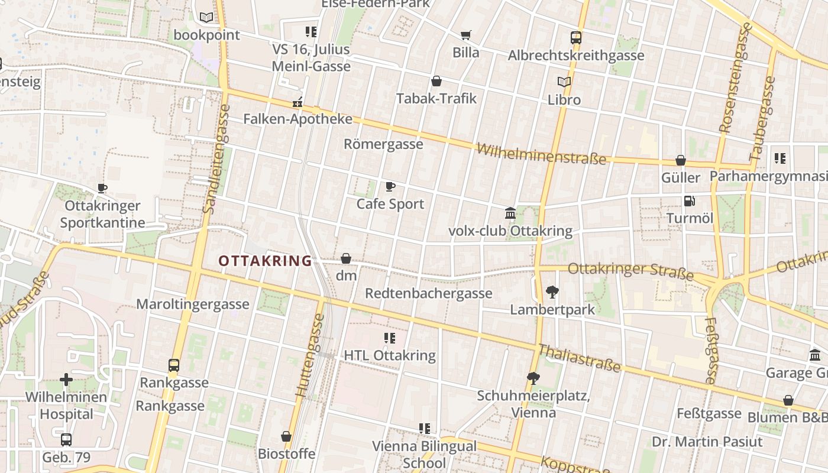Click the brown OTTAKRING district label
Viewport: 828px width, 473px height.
(x=265, y=261)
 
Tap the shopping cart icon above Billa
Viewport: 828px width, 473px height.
(x=466, y=35)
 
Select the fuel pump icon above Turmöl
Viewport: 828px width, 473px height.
(x=689, y=201)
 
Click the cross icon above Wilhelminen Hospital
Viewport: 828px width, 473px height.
(x=66, y=380)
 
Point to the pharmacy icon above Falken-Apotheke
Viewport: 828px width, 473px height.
(x=297, y=102)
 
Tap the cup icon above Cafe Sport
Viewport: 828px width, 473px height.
(x=390, y=187)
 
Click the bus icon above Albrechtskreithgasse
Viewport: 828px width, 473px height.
(x=576, y=38)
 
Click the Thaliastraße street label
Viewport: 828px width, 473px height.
(x=580, y=359)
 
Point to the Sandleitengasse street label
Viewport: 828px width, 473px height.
(x=216, y=158)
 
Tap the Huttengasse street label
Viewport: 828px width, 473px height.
(x=310, y=355)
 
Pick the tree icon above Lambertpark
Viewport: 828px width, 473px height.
(x=552, y=291)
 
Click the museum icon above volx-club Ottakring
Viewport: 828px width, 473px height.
(x=510, y=213)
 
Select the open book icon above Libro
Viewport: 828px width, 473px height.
(x=564, y=82)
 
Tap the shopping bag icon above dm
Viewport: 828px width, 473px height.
(x=346, y=258)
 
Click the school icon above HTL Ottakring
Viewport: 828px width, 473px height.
(x=390, y=338)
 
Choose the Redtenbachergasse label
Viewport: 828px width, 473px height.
(x=428, y=293)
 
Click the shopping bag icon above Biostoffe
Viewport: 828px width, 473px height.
(x=286, y=436)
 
